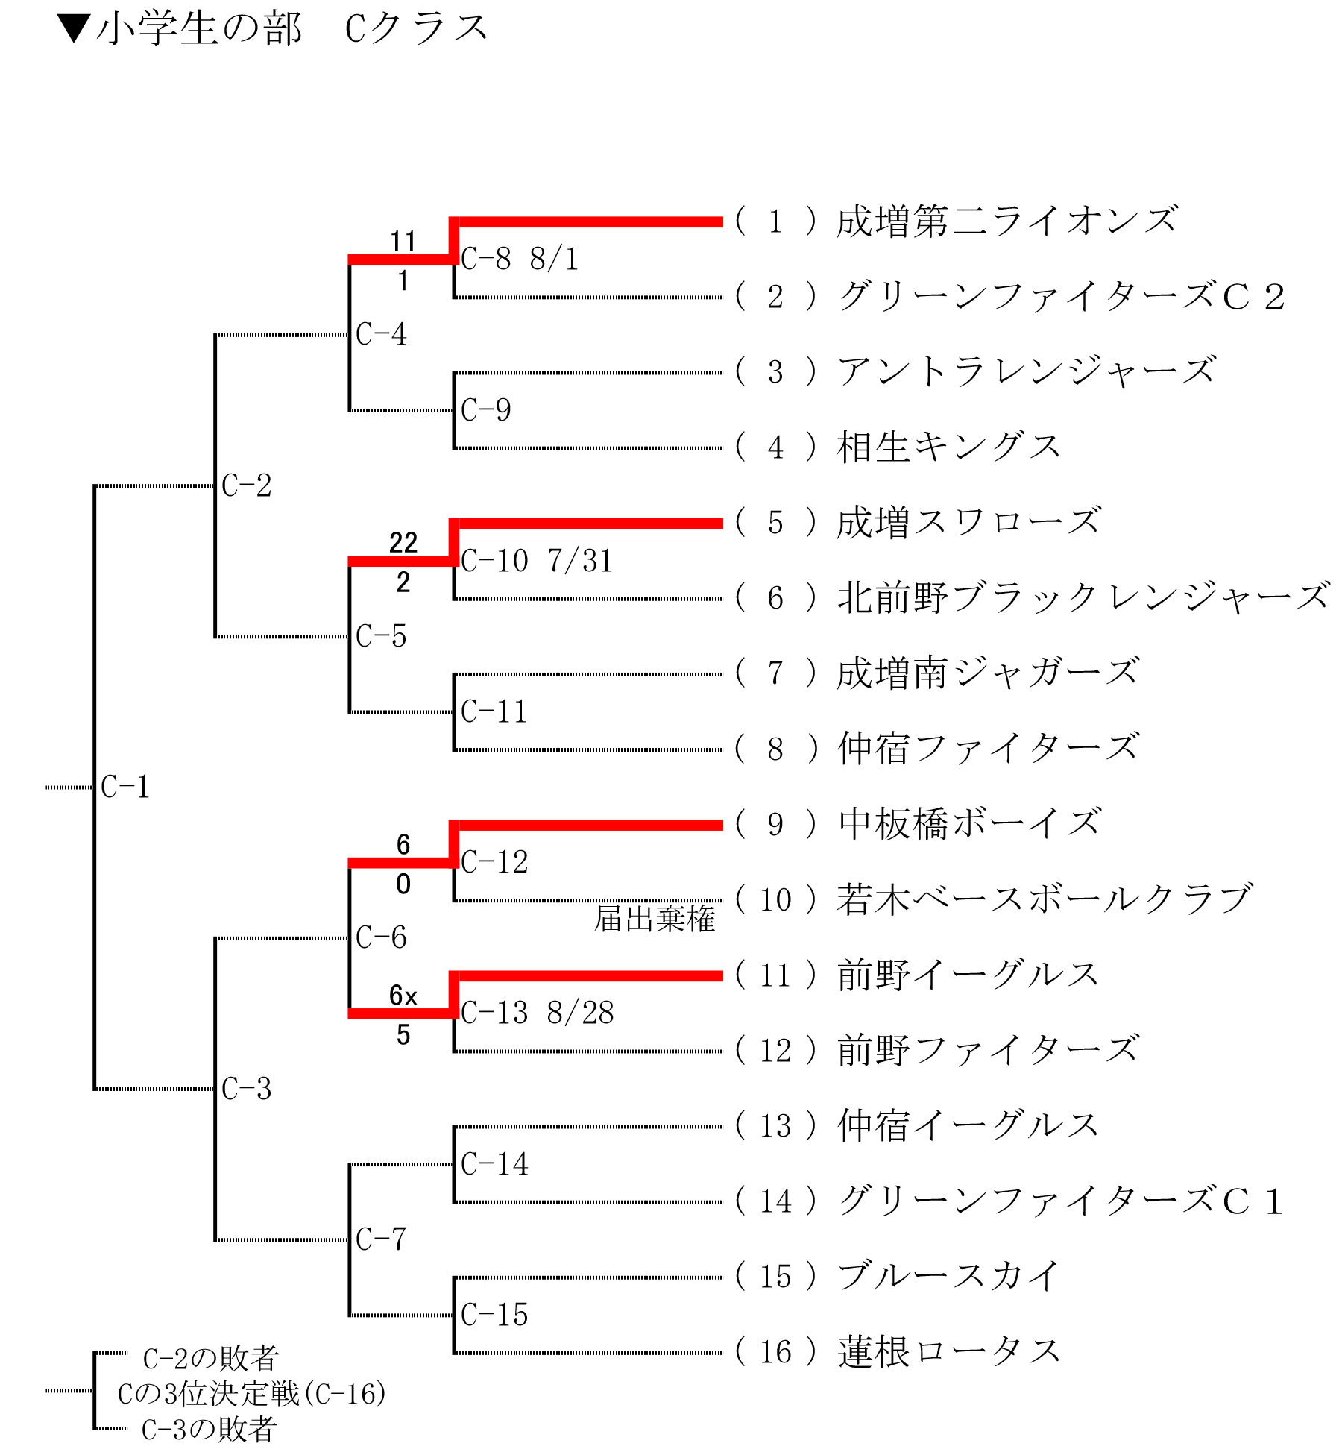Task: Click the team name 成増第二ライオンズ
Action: pyautogui.click(x=1006, y=221)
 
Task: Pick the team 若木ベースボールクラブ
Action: pyautogui.click(x=1044, y=899)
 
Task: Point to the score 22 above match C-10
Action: pyautogui.click(x=403, y=543)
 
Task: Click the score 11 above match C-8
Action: pyautogui.click(x=403, y=242)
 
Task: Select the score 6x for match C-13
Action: pyautogui.click(x=403, y=996)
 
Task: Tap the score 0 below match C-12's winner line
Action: pyautogui.click(x=403, y=884)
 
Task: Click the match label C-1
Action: pyautogui.click(x=125, y=788)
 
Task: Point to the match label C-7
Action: pyautogui.click(x=381, y=1239)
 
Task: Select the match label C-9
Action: pyautogui.click(x=486, y=410)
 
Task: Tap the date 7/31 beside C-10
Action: pyautogui.click(x=580, y=561)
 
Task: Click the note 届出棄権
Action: pyautogui.click(x=655, y=919)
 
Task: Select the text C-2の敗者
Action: pyautogui.click(x=211, y=1359)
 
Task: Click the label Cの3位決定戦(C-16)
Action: pyautogui.click(x=252, y=1394)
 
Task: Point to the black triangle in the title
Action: pyautogui.click(x=75, y=29)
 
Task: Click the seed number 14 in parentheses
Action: pyautogui.click(x=775, y=1201)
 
